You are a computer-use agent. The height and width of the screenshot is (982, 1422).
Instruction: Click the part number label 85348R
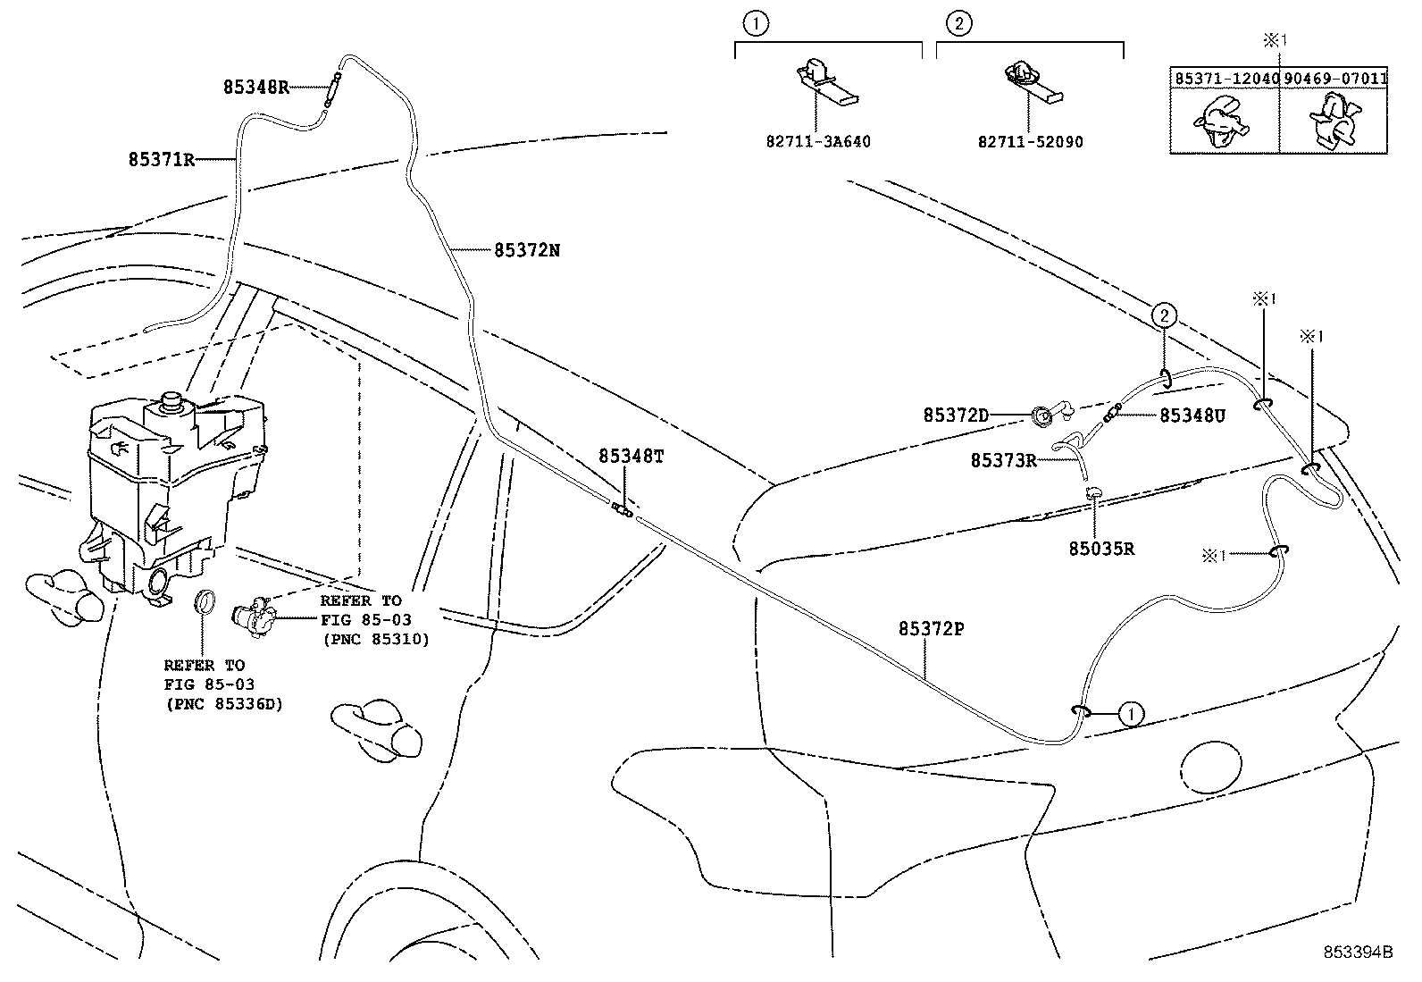pyautogui.click(x=255, y=87)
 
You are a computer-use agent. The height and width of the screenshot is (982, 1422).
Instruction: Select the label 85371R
pyautogui.click(x=162, y=160)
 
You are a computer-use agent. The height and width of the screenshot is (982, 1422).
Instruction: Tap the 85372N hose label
pyautogui.click(x=527, y=250)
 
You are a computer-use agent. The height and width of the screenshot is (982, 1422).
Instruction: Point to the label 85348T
pyautogui.click(x=632, y=456)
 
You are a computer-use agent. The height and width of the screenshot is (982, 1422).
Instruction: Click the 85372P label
pyautogui.click(x=931, y=628)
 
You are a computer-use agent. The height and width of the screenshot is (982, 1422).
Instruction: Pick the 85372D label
pyautogui.click(x=956, y=415)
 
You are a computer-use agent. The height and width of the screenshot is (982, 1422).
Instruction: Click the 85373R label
pyautogui.click(x=1003, y=460)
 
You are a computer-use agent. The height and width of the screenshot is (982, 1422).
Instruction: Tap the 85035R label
pyautogui.click(x=1101, y=548)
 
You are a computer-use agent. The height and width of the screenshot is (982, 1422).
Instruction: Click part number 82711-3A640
pyautogui.click(x=818, y=141)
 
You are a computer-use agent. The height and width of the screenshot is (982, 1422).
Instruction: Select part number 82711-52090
pyautogui.click(x=1030, y=141)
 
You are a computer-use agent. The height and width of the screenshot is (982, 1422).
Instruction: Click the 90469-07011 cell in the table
pyautogui.click(x=1335, y=79)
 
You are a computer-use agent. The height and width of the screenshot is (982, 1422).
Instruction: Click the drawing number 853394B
pyautogui.click(x=1358, y=952)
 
